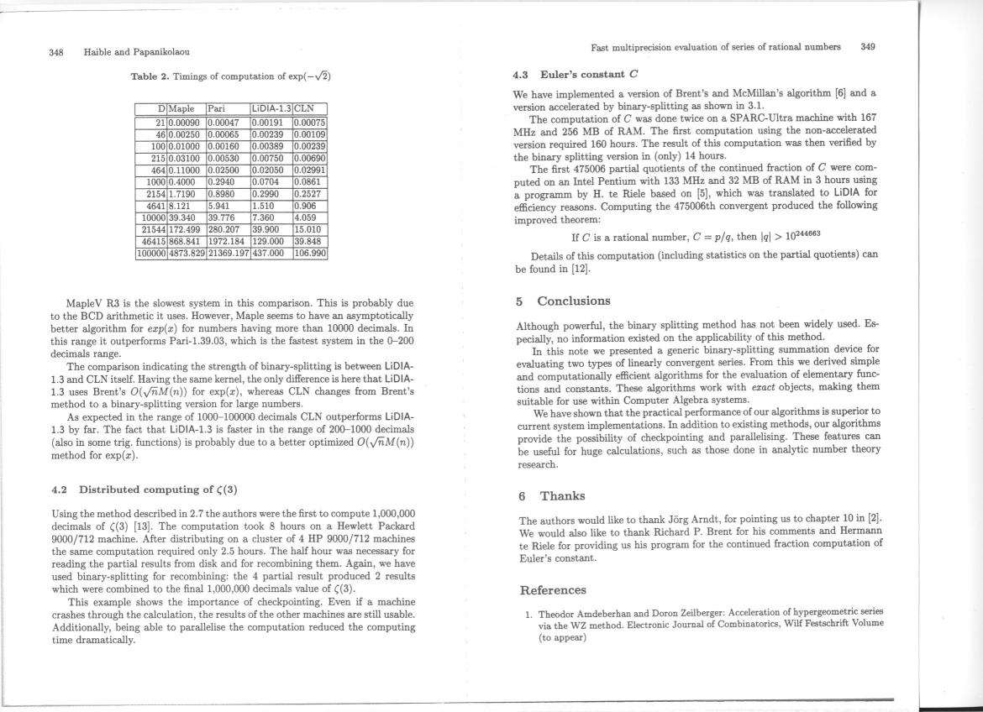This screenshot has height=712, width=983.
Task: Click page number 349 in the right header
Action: pos(868,47)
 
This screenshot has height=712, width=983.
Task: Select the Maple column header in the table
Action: pos(181,108)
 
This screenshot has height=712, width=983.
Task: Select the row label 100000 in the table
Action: pos(151,252)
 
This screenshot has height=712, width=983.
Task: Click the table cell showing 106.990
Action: pos(309,252)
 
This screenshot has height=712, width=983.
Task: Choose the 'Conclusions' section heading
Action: pos(574,301)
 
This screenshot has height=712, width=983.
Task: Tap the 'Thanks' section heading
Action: pos(562,496)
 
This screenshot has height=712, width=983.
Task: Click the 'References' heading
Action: pos(553,590)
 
